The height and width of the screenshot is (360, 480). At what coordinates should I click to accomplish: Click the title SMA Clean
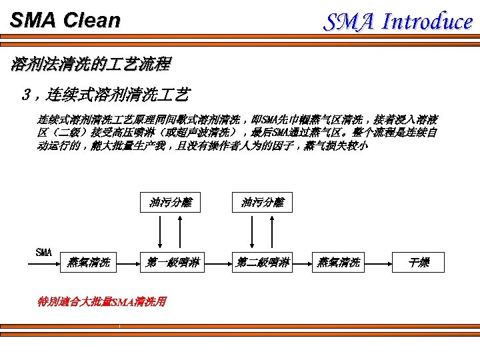click(65, 20)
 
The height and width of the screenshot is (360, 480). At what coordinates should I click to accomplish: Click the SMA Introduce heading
click(398, 21)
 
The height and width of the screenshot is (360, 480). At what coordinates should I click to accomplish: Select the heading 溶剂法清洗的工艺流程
click(91, 65)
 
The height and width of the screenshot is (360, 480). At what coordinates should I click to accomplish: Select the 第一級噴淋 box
click(171, 263)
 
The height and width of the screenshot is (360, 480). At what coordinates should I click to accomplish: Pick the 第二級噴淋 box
click(262, 263)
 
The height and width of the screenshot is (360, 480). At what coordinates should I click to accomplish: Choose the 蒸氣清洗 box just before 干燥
click(339, 263)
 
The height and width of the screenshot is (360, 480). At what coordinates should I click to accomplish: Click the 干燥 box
click(419, 263)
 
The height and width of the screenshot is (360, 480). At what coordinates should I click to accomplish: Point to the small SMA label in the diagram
click(43, 252)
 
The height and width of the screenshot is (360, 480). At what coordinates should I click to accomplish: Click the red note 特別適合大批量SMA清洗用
click(102, 301)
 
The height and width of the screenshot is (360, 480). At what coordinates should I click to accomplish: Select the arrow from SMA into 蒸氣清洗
click(47, 263)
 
